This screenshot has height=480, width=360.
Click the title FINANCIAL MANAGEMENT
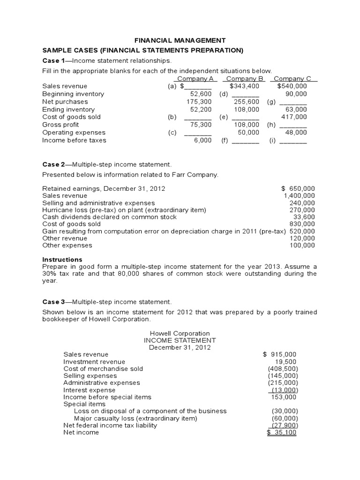click(x=180, y=41)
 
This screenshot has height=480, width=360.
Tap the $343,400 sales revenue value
click(x=245, y=86)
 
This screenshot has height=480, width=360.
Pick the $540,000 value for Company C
click(x=292, y=86)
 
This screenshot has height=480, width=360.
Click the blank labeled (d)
click(x=246, y=94)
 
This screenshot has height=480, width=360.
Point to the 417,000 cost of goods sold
click(x=294, y=117)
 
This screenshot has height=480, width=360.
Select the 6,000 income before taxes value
click(x=202, y=140)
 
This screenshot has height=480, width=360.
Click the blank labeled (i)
click(x=293, y=141)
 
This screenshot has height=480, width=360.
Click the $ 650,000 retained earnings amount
click(x=298, y=188)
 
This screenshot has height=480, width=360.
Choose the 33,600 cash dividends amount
click(x=304, y=217)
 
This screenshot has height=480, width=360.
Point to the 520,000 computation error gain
click(x=302, y=231)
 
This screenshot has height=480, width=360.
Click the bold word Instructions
click(x=62, y=259)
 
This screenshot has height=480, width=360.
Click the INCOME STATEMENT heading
click(x=180, y=340)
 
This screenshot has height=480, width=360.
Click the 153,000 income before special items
click(x=284, y=397)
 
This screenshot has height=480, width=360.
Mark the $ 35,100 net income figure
click(x=281, y=433)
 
